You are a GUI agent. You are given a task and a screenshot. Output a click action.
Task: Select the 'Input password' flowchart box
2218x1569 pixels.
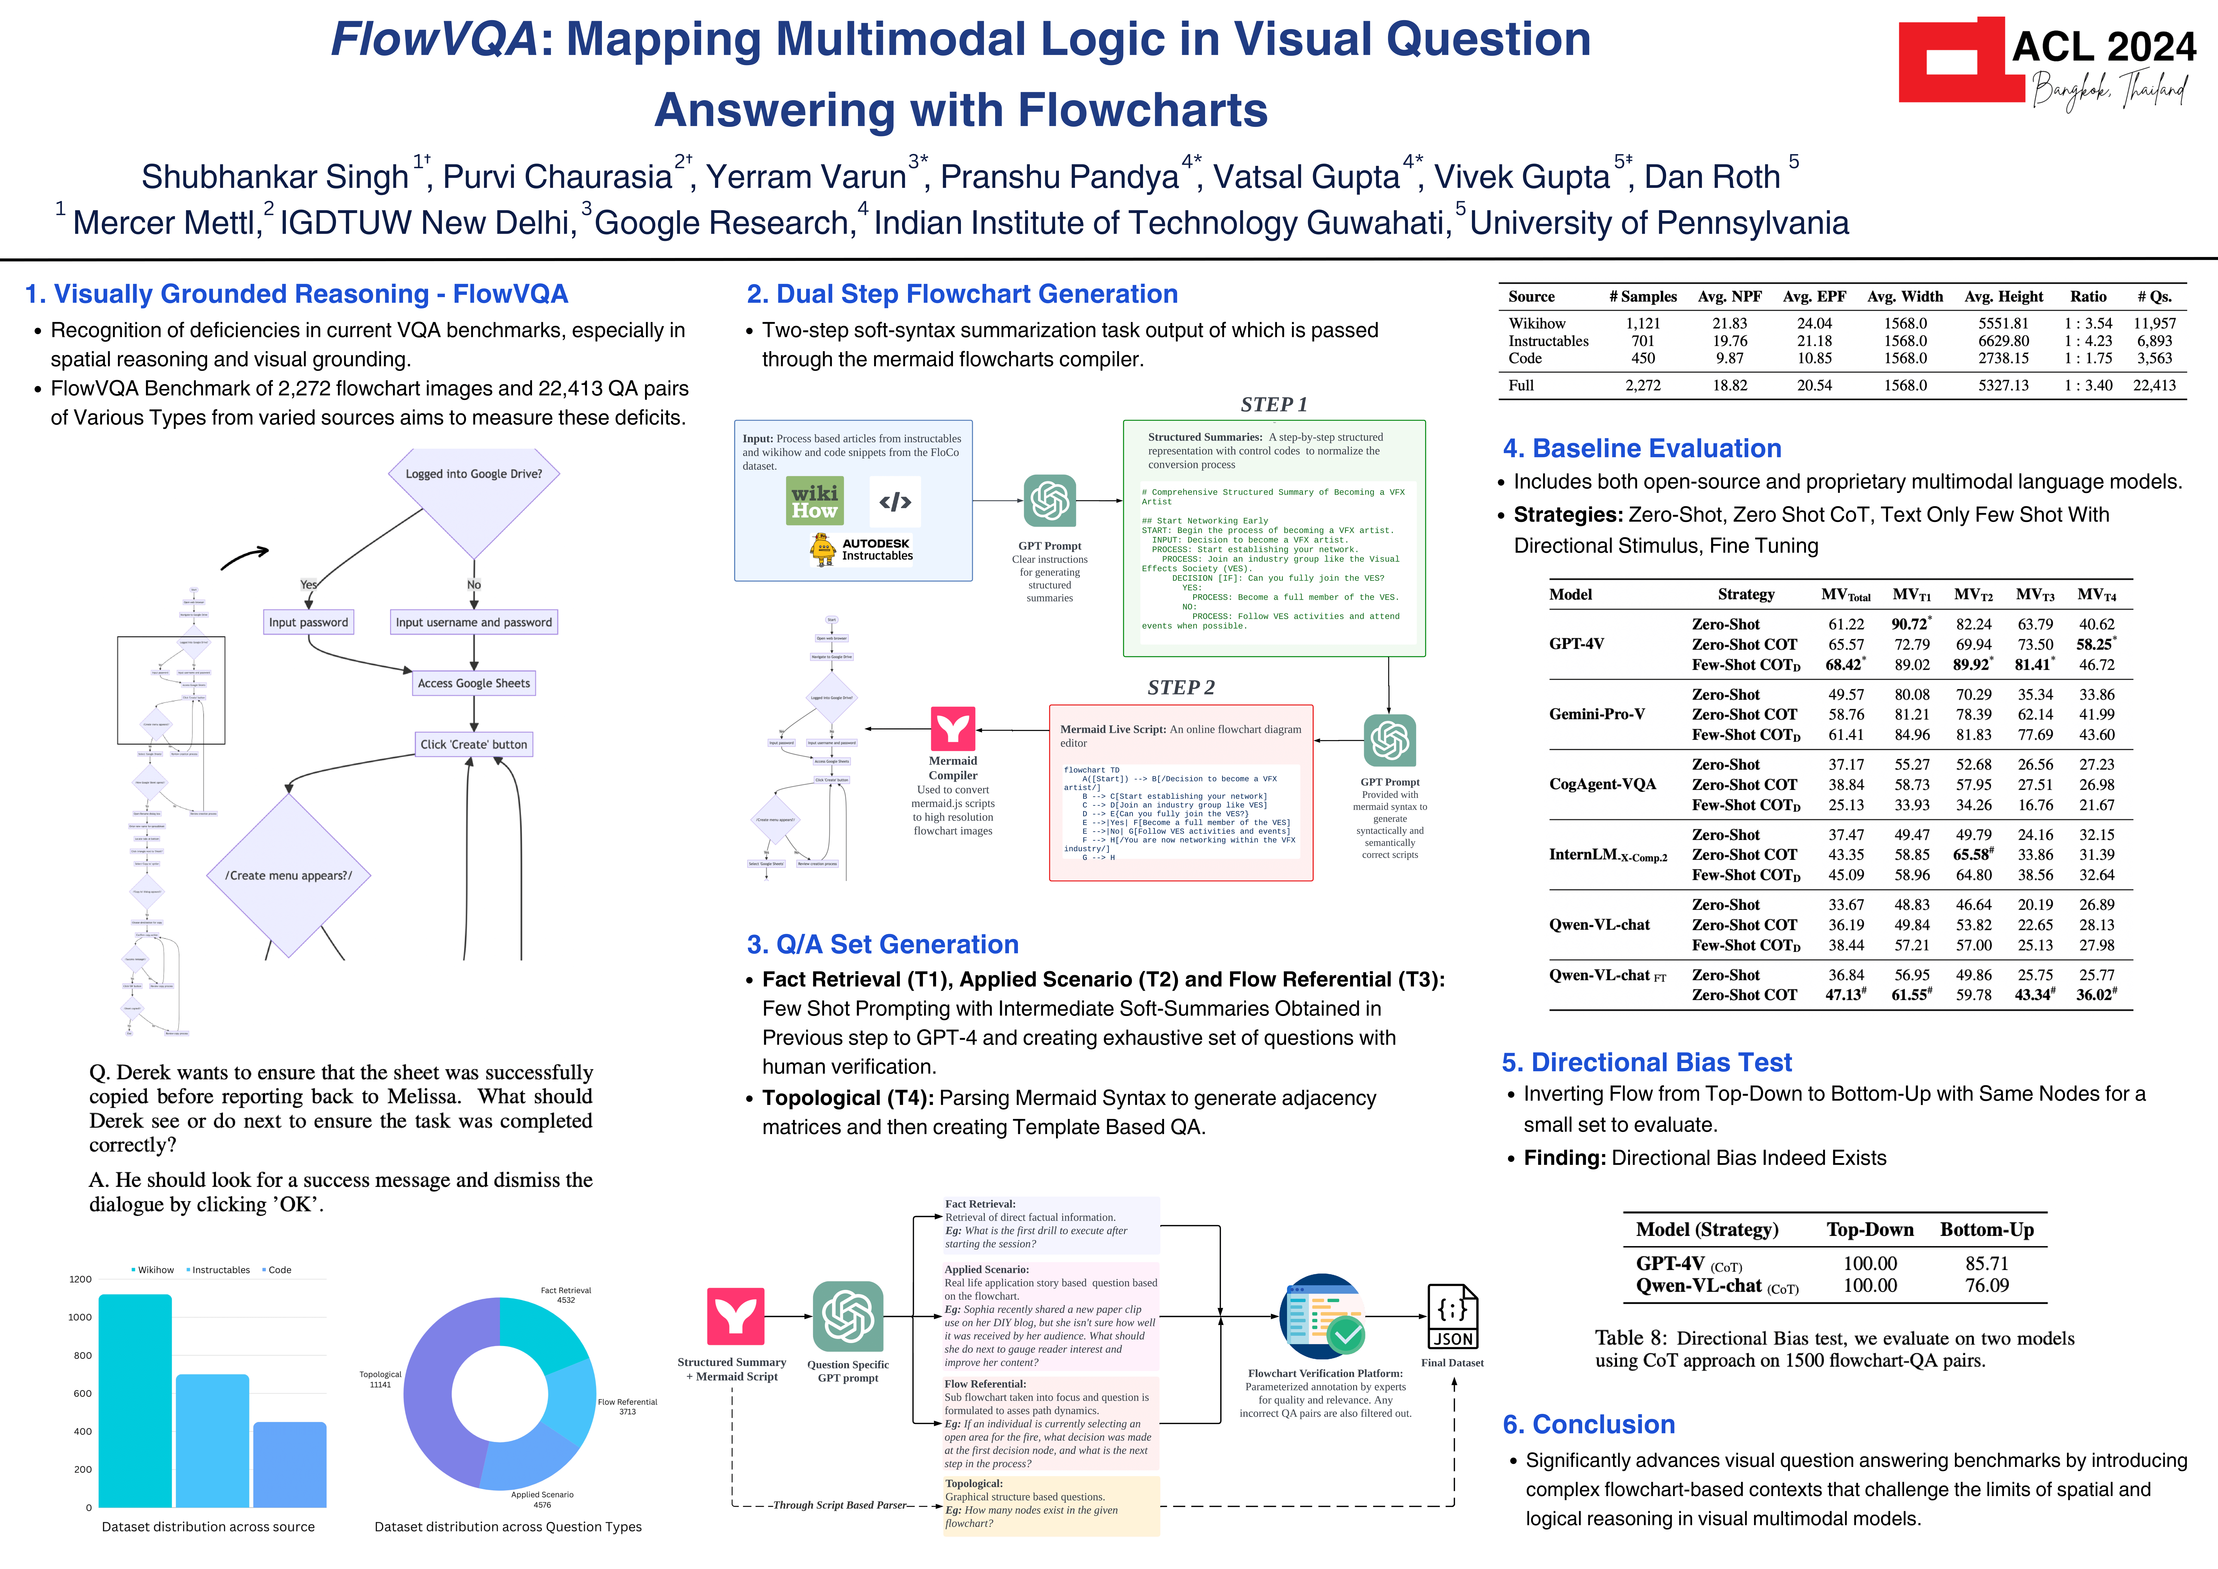[x=308, y=622]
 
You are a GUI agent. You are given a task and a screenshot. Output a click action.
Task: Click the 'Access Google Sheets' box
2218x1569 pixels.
[x=473, y=683]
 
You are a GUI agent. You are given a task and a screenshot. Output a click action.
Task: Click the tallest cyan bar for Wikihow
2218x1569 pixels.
[x=135, y=1401]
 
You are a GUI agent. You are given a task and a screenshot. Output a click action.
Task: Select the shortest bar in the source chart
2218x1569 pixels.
[x=290, y=1464]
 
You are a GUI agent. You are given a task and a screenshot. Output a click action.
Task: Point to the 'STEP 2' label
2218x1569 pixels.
[x=1180, y=688]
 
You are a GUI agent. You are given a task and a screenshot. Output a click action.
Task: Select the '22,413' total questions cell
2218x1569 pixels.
[x=2154, y=385]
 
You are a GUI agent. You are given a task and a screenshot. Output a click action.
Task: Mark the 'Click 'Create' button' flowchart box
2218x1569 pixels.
[x=473, y=744]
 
